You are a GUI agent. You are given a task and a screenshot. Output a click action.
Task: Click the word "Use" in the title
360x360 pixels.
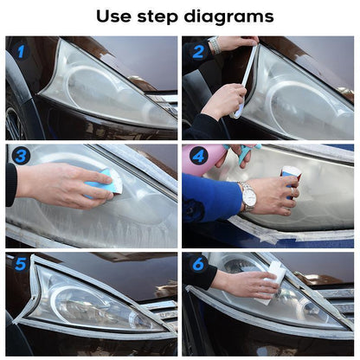[x=115, y=16]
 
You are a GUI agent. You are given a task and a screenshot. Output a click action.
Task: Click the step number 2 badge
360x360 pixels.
[x=197, y=52]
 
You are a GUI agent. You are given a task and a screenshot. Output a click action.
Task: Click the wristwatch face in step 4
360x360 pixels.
[x=248, y=196]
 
